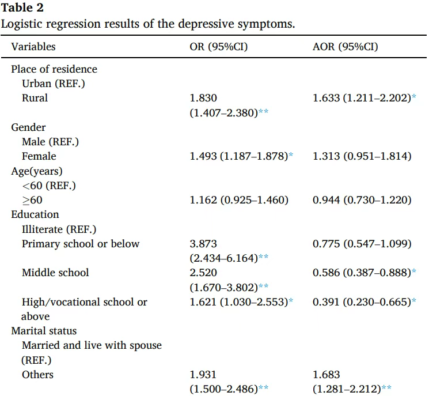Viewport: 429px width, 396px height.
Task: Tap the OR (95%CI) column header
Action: point(219,47)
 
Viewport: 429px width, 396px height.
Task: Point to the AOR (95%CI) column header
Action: point(346,47)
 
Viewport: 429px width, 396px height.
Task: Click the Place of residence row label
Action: point(54,69)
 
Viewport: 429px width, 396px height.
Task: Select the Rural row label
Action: point(35,98)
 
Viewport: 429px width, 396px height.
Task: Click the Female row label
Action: point(39,156)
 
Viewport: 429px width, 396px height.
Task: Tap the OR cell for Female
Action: point(241,156)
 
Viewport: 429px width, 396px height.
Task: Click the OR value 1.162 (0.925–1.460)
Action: point(239,200)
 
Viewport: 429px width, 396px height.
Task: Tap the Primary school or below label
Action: point(81,244)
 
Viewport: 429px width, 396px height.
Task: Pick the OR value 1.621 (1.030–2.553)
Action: point(241,302)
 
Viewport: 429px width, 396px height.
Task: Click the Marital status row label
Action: point(44,331)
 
